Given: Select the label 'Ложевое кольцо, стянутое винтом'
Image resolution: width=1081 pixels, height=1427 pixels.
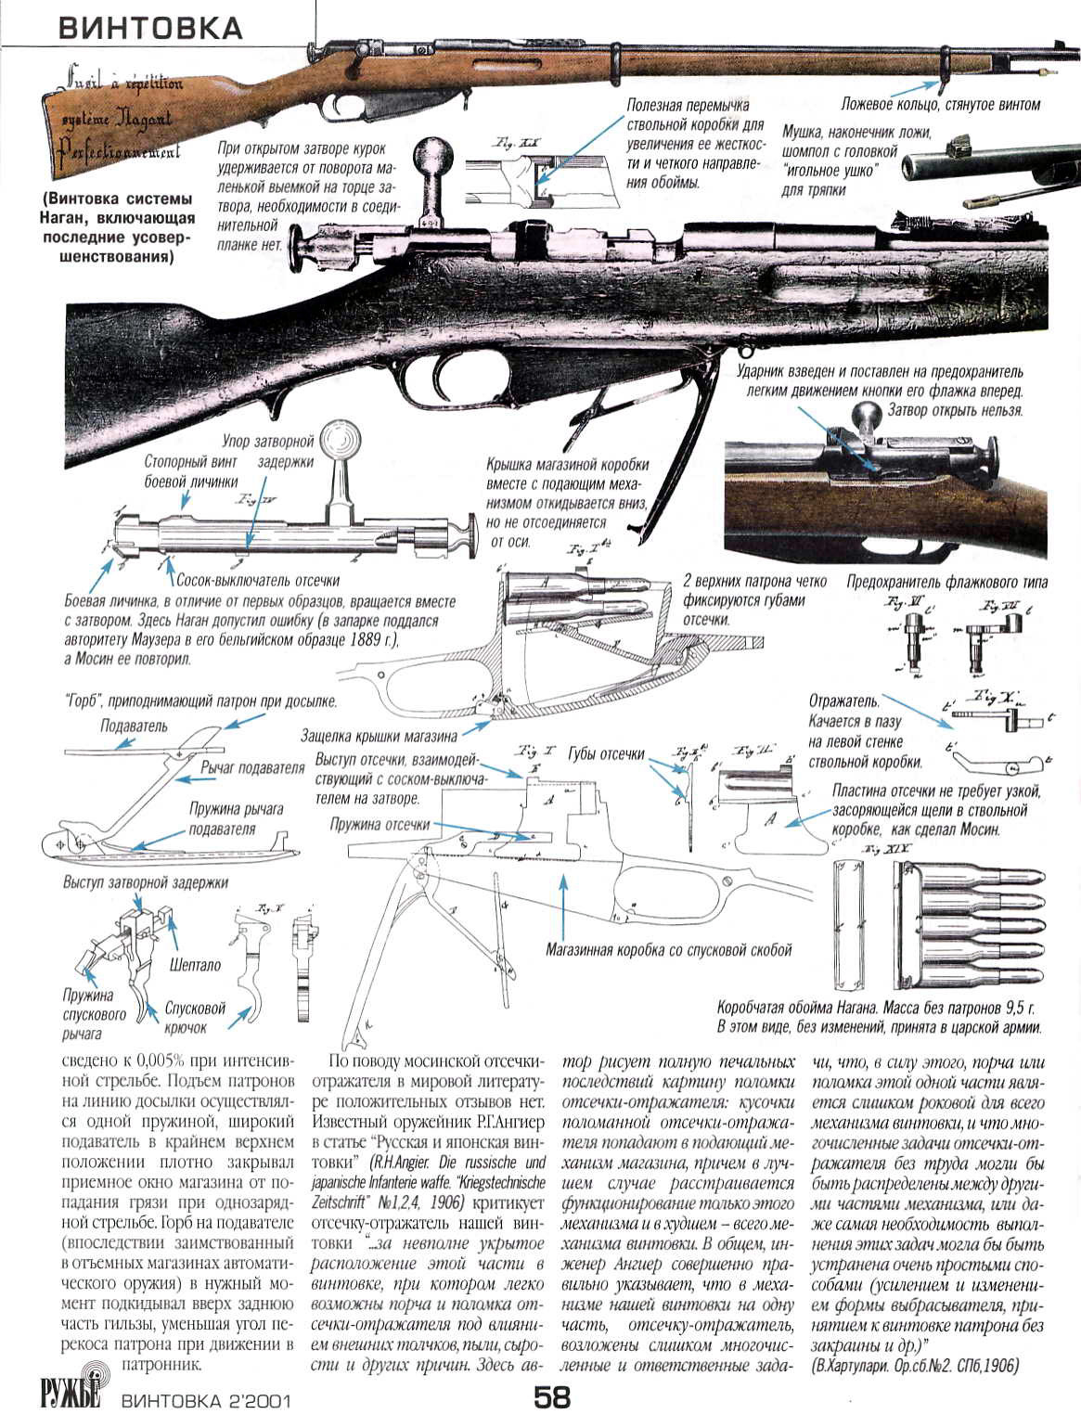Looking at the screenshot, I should coord(940,105).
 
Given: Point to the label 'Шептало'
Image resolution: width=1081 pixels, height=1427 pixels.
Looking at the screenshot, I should coord(195,965).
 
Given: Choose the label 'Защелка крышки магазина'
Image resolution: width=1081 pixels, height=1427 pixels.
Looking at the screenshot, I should coord(379,737).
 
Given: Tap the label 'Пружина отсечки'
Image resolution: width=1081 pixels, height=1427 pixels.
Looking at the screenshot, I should coord(380,824).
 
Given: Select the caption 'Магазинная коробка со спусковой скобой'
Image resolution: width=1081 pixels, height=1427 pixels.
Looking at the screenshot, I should coord(668,950).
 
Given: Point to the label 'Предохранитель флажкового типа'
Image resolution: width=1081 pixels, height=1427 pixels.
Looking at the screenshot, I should coord(946,583).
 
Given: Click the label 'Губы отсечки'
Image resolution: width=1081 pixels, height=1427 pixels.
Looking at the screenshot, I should coord(606,754).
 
